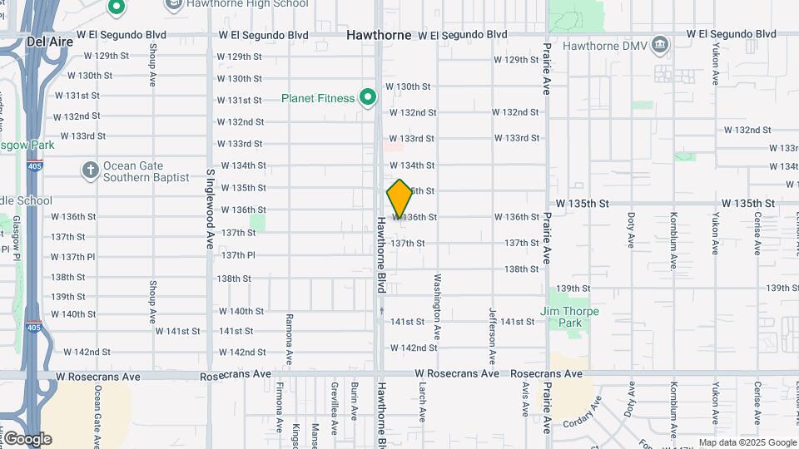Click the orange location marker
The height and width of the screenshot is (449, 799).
[399, 199]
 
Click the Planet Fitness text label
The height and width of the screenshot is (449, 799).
[317, 98]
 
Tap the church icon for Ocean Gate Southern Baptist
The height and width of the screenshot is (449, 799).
[91, 170]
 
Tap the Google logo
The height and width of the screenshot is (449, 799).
[27, 438]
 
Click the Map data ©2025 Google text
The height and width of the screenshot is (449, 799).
[747, 443]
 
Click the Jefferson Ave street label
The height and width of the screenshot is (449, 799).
[492, 336]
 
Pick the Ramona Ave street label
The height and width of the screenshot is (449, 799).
[290, 339]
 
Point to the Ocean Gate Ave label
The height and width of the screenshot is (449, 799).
[97, 410]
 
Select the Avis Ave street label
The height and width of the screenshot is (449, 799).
[525, 398]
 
